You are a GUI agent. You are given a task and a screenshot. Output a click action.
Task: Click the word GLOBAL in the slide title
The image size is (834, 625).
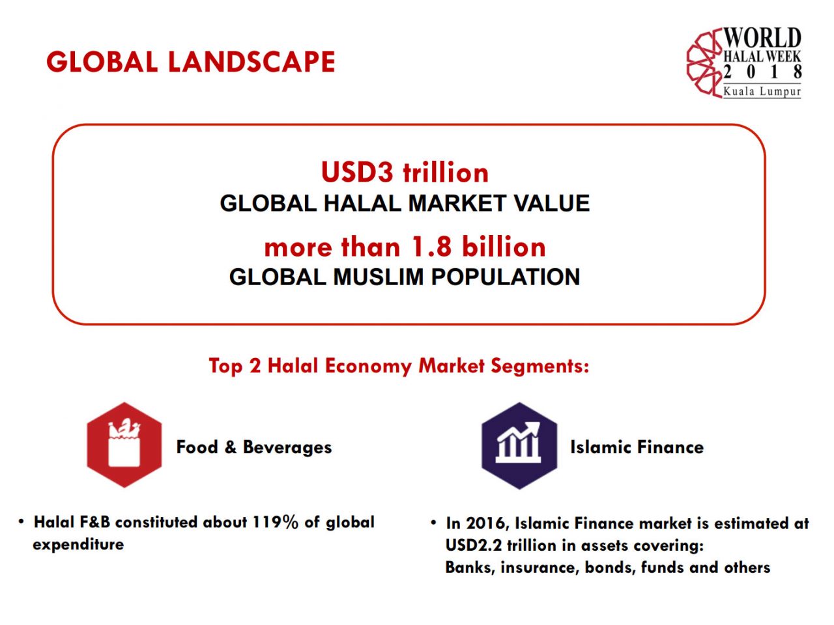pyautogui.click(x=102, y=62)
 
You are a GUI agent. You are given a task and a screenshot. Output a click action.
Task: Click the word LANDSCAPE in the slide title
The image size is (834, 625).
pyautogui.click(x=251, y=62)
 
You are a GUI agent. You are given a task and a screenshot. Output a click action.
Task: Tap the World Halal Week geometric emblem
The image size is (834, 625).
pyautogui.click(x=704, y=63)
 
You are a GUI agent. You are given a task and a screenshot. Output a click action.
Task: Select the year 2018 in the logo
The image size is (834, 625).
pyautogui.click(x=762, y=72)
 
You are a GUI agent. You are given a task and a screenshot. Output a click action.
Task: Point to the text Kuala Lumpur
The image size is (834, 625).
pyautogui.click(x=762, y=91)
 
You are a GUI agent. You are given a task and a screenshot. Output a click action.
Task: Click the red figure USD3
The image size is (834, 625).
pyautogui.click(x=357, y=173)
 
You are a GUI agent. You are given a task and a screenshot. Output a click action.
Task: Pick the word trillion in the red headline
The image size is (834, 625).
pyautogui.click(x=446, y=173)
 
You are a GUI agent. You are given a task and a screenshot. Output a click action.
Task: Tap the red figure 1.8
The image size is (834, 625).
pyautogui.click(x=431, y=247)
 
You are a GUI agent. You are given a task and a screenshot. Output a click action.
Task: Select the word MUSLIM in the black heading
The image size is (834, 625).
pyautogui.click(x=379, y=277)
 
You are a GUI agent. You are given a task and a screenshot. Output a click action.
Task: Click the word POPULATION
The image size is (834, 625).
pyautogui.click(x=506, y=277)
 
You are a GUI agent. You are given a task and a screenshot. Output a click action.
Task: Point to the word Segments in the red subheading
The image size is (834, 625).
pyautogui.click(x=539, y=366)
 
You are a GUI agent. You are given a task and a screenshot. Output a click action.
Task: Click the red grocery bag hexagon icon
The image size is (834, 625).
pyautogui.click(x=124, y=445)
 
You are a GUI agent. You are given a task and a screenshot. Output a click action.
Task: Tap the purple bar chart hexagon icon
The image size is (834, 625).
pyautogui.click(x=519, y=445)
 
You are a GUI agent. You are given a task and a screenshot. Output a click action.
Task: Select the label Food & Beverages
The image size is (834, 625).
pyautogui.click(x=254, y=447)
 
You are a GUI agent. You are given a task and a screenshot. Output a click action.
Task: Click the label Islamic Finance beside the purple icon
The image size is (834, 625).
pyautogui.click(x=637, y=447)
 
